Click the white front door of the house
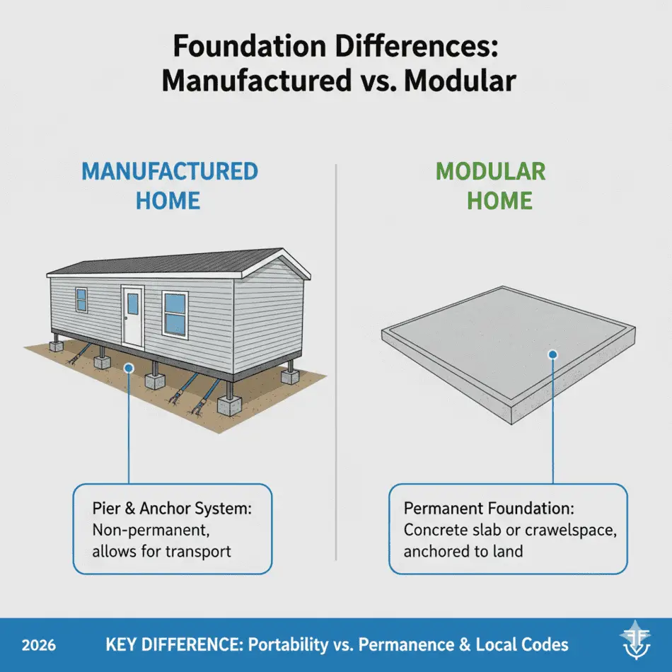coord(132,314)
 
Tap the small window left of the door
coord(81,300)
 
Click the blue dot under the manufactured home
coord(128,367)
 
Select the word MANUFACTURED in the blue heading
coord(170,172)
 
